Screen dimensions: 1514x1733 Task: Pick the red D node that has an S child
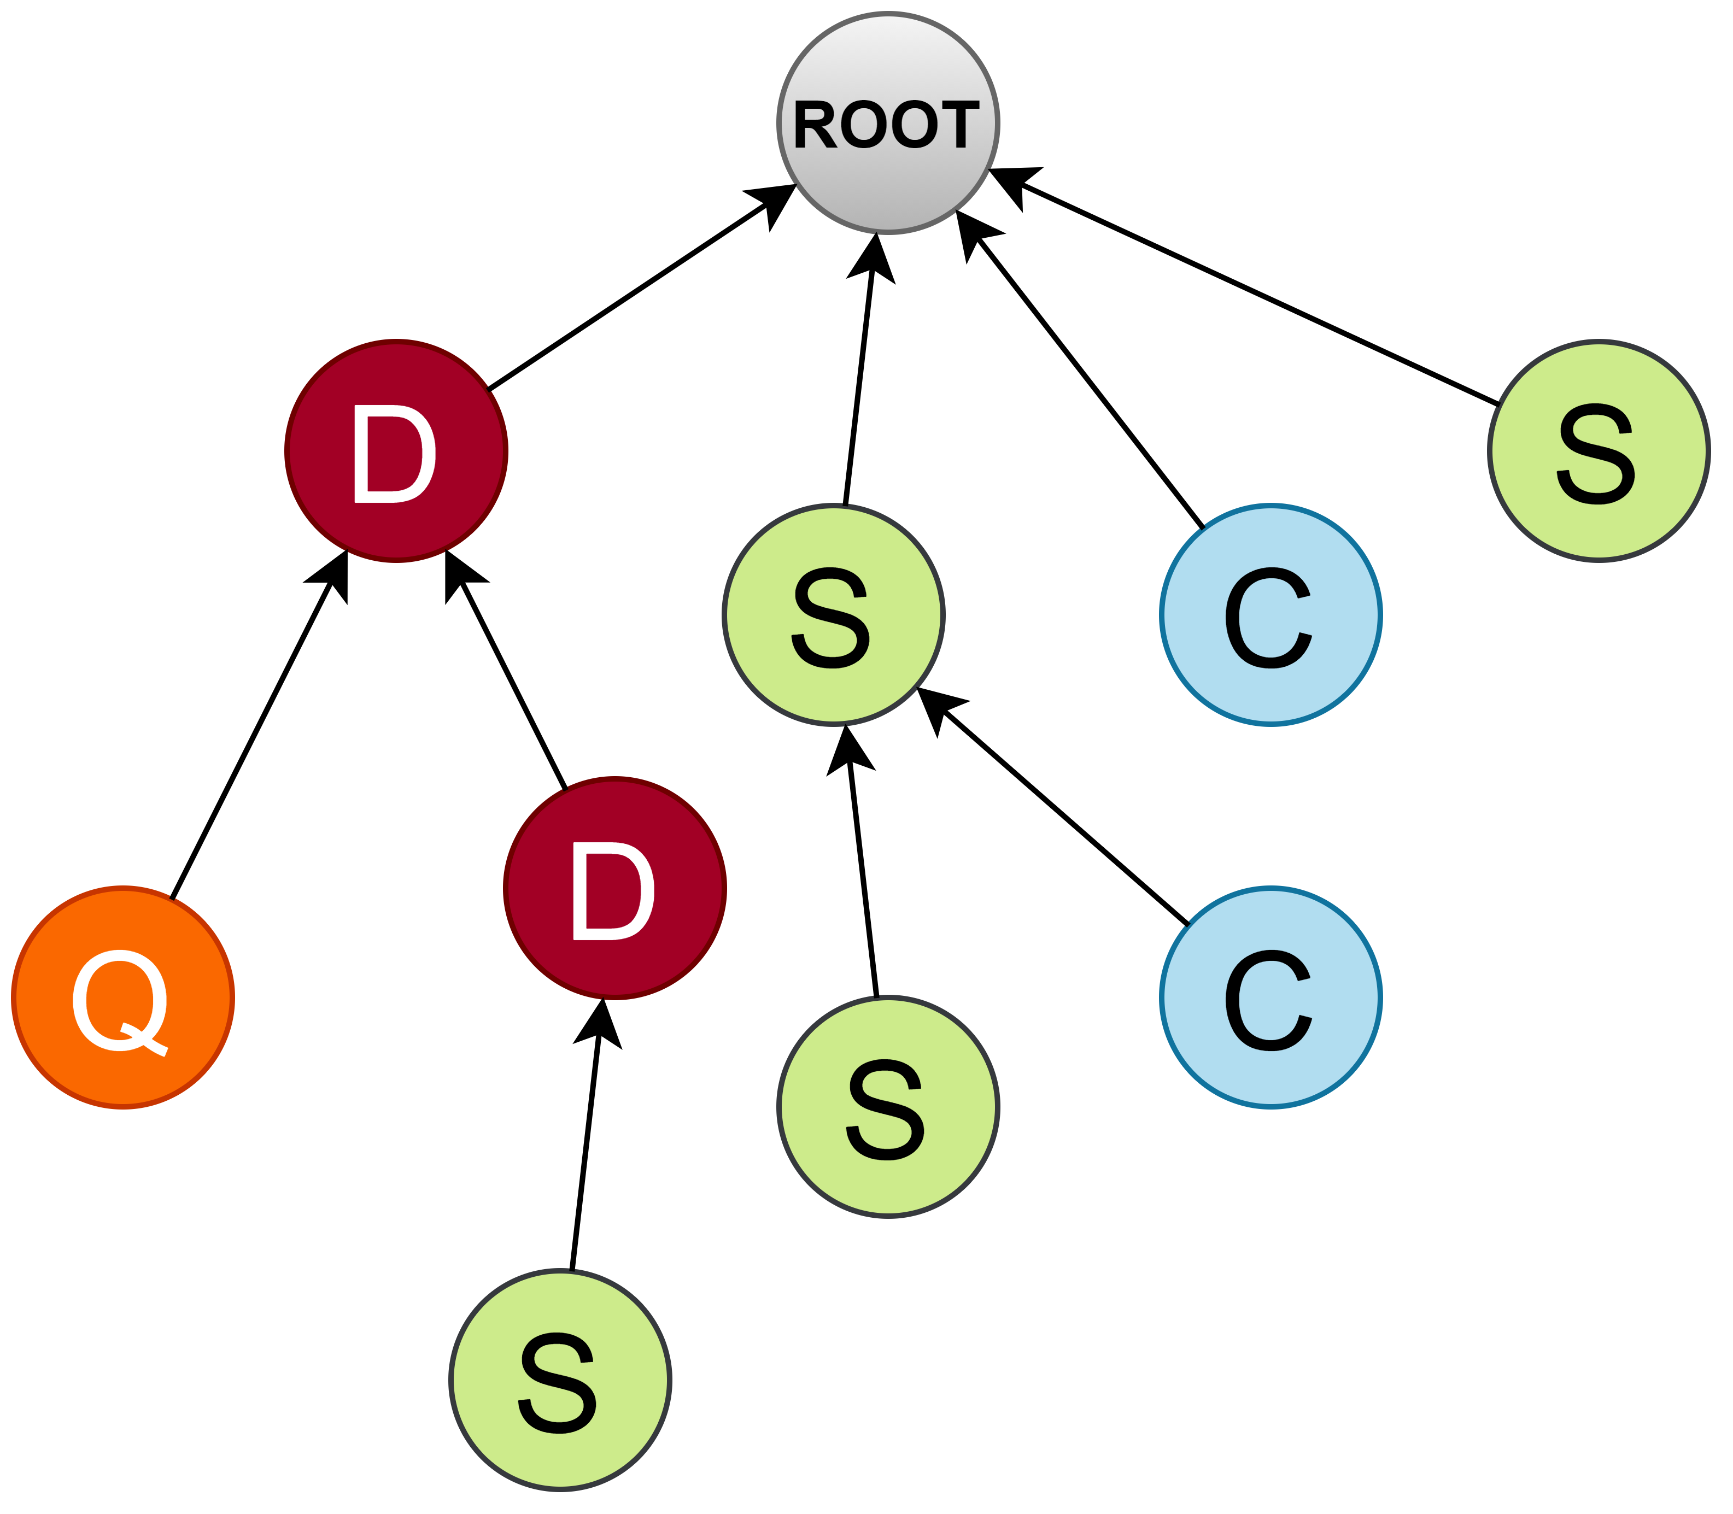coord(614,888)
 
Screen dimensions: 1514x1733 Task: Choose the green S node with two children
coord(833,614)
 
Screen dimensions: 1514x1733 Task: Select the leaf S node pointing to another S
coord(888,1107)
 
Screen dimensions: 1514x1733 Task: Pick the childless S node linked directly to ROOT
coord(1599,450)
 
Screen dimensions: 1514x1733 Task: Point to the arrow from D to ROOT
coord(629,296)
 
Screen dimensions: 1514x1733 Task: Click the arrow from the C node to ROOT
coord(1086,376)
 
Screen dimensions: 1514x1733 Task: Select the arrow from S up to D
coord(586,1149)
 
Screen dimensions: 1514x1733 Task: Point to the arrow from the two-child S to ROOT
coord(858,380)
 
